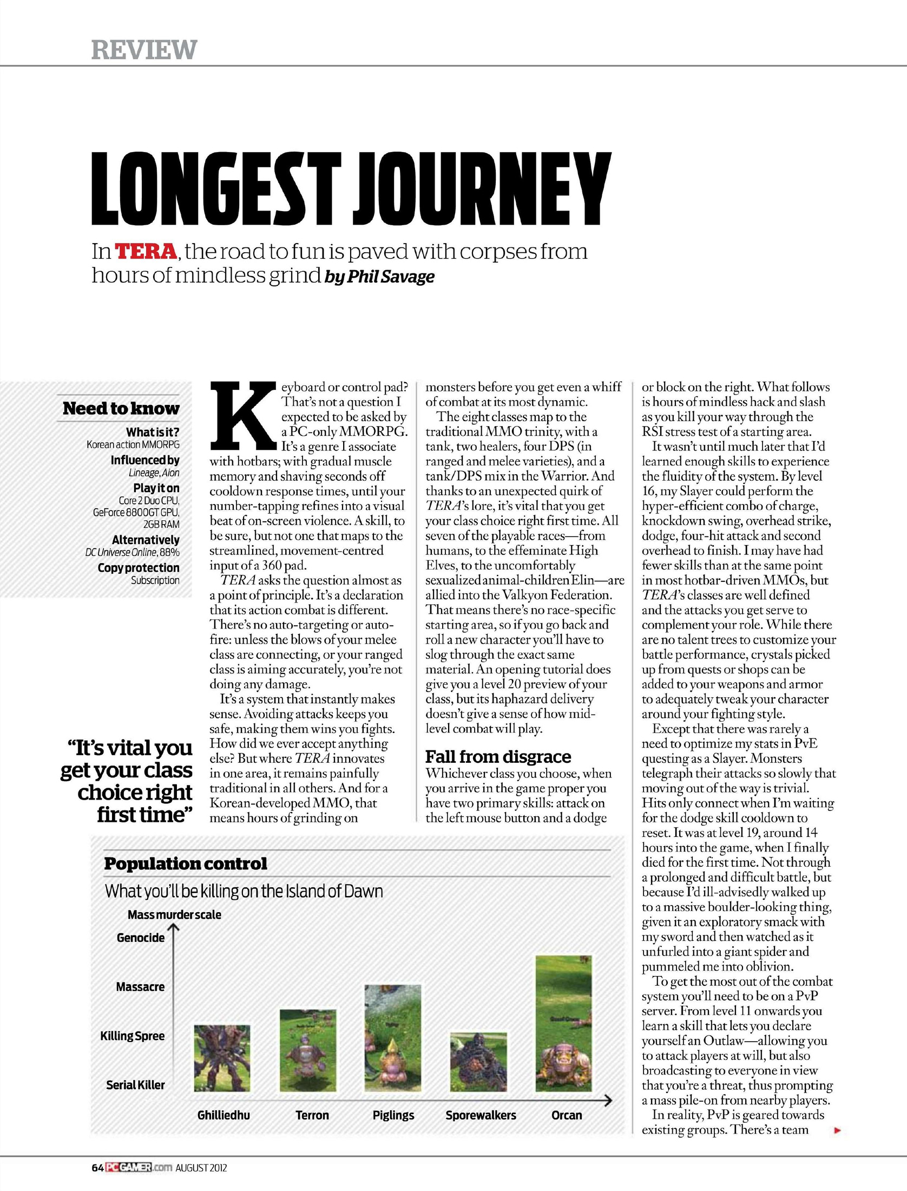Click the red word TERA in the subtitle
pyautogui.click(x=146, y=252)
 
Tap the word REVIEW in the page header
pyautogui.click(x=144, y=50)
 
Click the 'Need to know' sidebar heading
pyautogui.click(x=121, y=408)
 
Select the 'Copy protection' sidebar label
pyautogui.click(x=139, y=567)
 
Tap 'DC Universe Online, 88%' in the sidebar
pyautogui.click(x=133, y=553)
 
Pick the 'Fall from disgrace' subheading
pyautogui.click(x=498, y=756)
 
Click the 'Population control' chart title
pyautogui.click(x=186, y=863)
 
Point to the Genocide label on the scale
pyautogui.click(x=141, y=938)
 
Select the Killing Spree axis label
pyautogui.click(x=133, y=1036)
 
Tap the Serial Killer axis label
pyautogui.click(x=135, y=1085)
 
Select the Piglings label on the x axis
pyautogui.click(x=393, y=1115)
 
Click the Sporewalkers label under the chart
pyautogui.click(x=481, y=1115)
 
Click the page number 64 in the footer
pyautogui.click(x=97, y=1167)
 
